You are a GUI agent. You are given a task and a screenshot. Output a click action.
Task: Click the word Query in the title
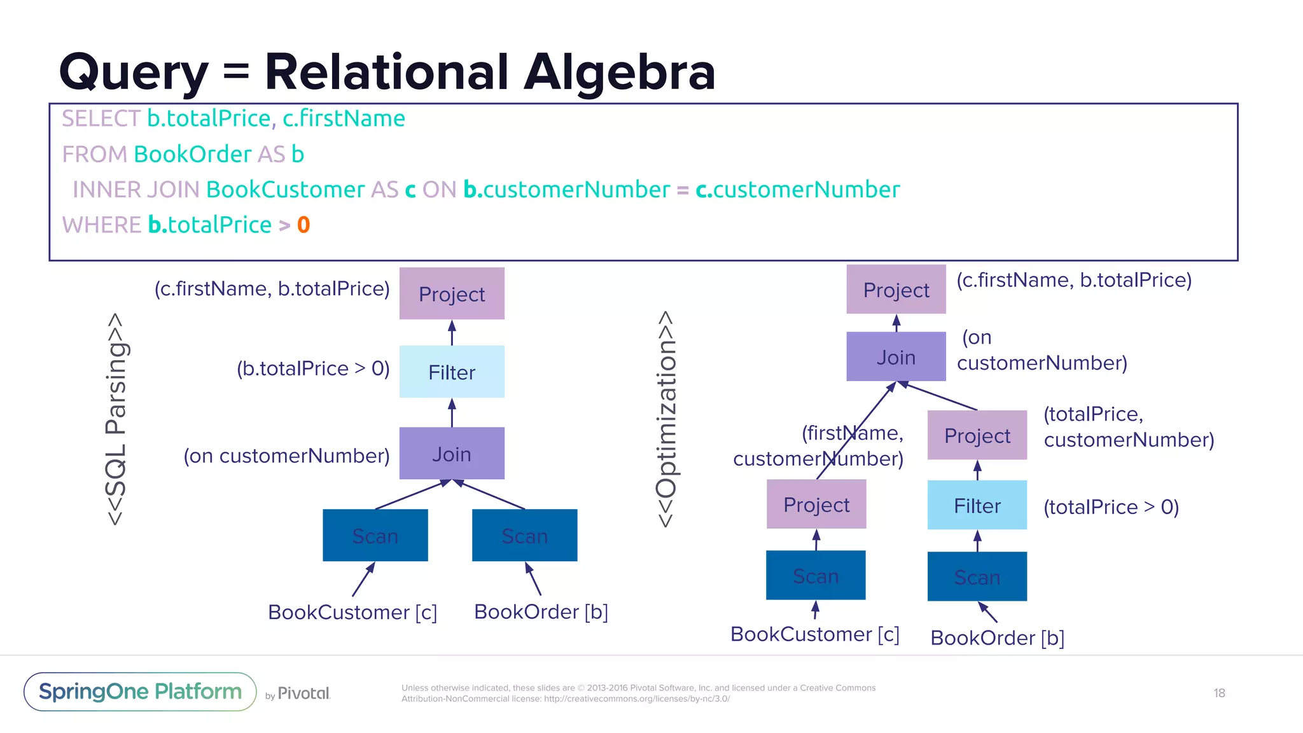coord(134,73)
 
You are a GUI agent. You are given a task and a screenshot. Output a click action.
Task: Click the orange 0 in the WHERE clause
coord(303,225)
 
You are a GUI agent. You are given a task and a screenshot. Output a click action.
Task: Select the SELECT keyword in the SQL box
coord(101,118)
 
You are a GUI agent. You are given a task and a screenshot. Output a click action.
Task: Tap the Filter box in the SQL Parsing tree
coord(452,372)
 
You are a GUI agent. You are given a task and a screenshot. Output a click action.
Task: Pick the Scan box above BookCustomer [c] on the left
coord(375,535)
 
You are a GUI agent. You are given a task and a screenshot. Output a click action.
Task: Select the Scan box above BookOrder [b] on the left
coord(524,535)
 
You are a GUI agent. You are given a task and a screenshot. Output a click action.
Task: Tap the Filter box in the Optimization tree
coord(977,505)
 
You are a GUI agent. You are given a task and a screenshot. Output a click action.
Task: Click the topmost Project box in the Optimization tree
coord(896,290)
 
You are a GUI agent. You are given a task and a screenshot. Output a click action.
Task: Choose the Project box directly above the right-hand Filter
coord(977,435)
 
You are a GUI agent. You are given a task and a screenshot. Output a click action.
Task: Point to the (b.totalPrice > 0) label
coord(313,368)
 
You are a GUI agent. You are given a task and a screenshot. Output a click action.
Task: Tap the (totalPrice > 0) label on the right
coord(1111,507)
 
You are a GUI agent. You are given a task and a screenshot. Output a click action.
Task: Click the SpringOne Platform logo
coord(140,692)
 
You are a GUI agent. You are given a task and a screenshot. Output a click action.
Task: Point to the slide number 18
coord(1219,693)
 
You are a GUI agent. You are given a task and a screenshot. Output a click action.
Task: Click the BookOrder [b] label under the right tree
coord(997,638)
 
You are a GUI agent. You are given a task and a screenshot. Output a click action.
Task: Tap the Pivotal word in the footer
coord(304,693)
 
